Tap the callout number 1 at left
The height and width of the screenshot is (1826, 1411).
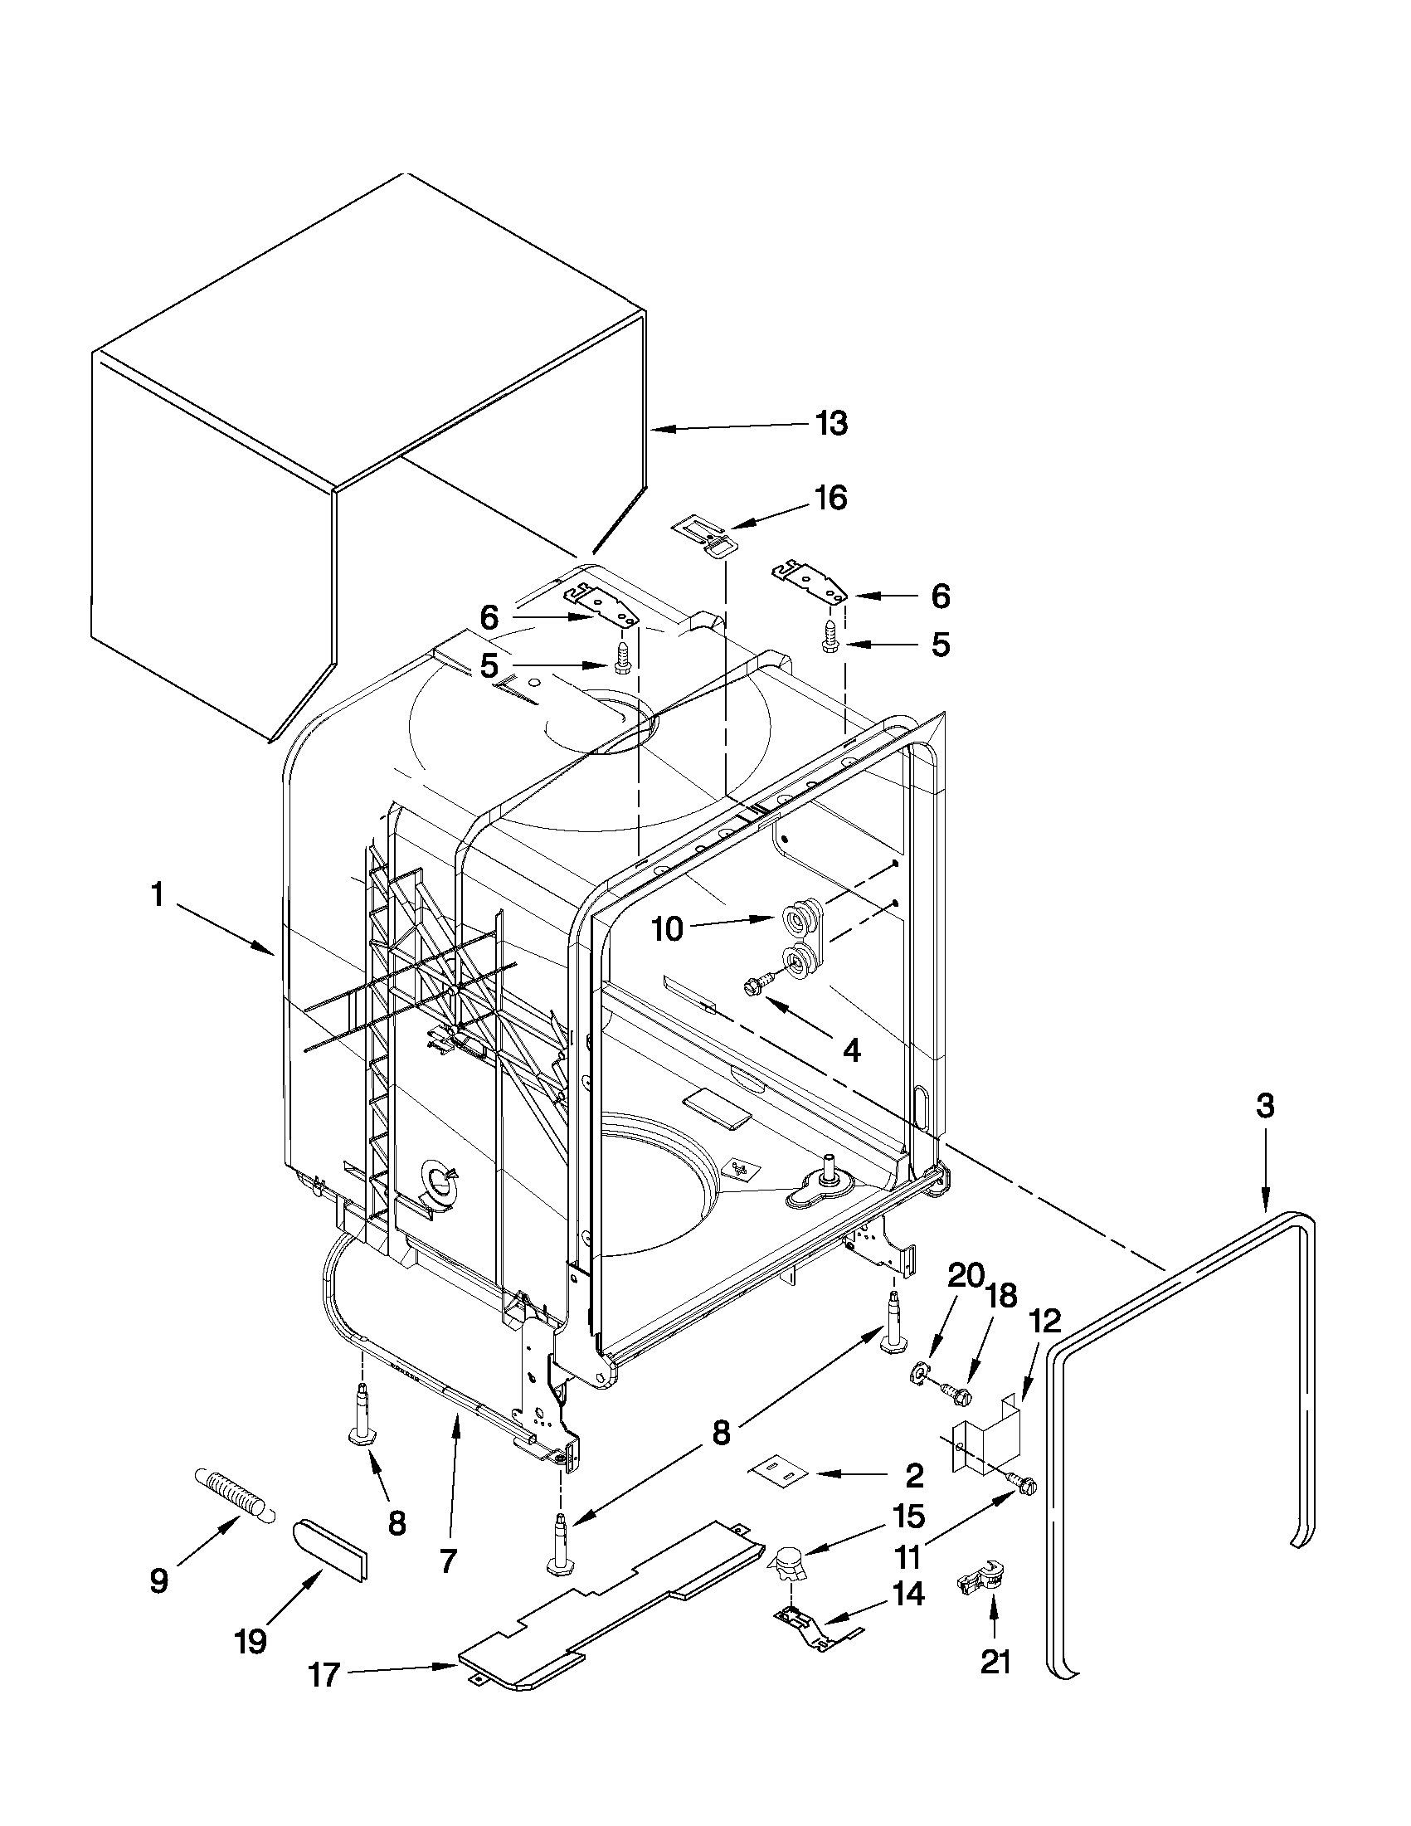click(156, 895)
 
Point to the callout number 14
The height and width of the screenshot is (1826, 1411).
click(907, 1594)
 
